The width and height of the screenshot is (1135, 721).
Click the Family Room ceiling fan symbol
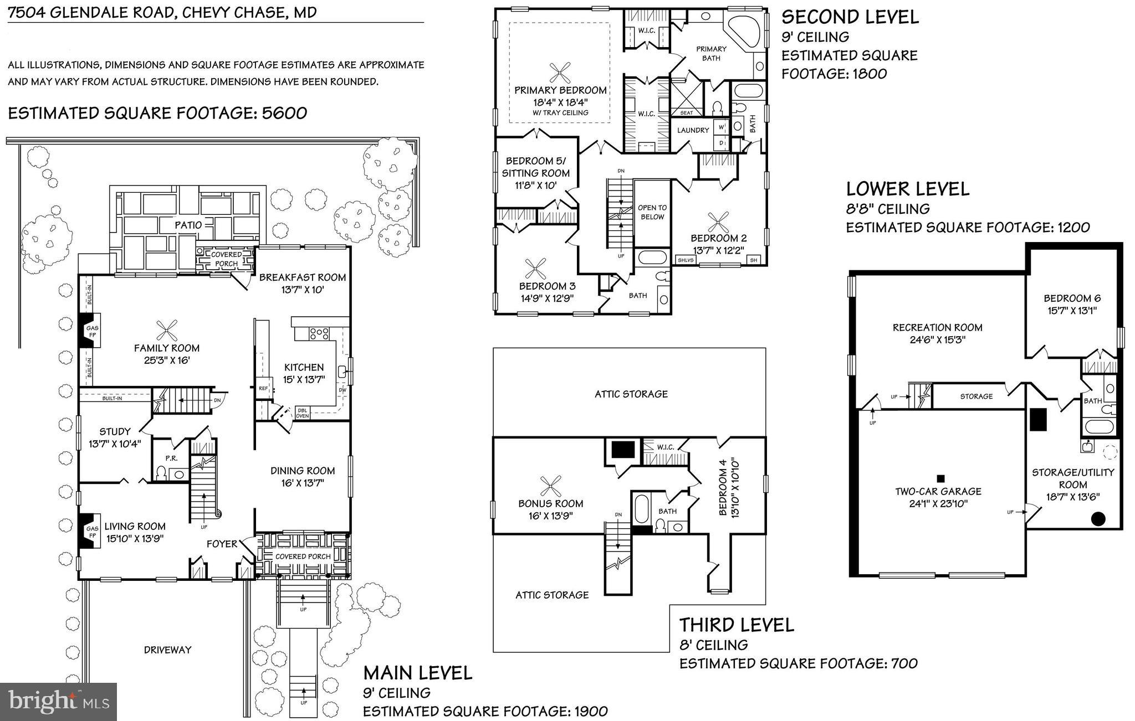pyautogui.click(x=166, y=331)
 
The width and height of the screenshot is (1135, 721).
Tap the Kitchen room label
pyautogui.click(x=304, y=367)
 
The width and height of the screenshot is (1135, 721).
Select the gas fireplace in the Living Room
pyautogui.click(x=89, y=531)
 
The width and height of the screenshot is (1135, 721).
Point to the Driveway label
pyautogui.click(x=167, y=650)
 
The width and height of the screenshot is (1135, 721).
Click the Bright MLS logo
pyautogui.click(x=59, y=702)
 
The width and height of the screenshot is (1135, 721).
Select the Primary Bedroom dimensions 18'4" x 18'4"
pyautogui.click(x=560, y=102)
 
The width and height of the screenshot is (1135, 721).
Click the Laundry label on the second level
pyautogui.click(x=693, y=130)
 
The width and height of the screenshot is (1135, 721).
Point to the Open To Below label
pyautogui.click(x=652, y=212)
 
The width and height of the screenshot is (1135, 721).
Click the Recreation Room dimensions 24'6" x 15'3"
pyautogui.click(x=937, y=339)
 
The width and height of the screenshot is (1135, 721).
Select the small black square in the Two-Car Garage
pyautogui.click(x=940, y=478)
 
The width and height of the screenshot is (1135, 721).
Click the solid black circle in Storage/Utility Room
pyautogui.click(x=1098, y=519)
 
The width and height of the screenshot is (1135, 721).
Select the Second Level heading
pyautogui.click(x=850, y=17)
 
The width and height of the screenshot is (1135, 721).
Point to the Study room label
pyautogui.click(x=115, y=431)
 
